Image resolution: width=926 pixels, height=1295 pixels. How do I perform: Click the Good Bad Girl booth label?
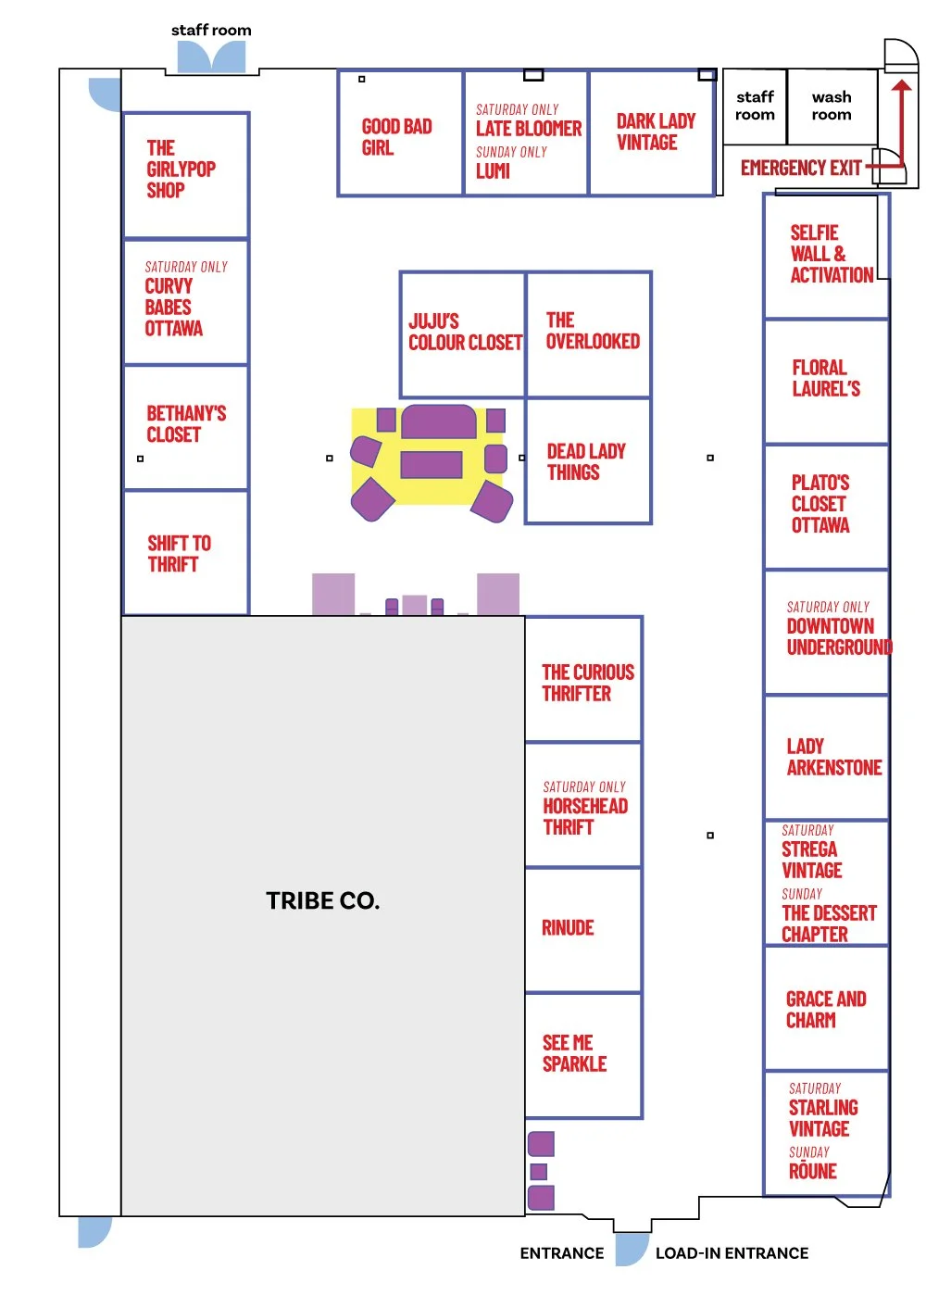[x=396, y=136]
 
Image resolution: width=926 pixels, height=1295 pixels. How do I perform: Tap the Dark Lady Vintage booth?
[x=656, y=132]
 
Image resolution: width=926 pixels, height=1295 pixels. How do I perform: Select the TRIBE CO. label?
[x=322, y=901]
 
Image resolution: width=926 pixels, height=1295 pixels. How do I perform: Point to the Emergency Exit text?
[x=801, y=168]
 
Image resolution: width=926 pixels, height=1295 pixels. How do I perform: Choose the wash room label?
[x=832, y=106]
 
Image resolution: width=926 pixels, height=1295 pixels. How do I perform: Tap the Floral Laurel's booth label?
[x=826, y=378]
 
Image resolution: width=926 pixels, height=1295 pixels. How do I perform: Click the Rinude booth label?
[x=568, y=927]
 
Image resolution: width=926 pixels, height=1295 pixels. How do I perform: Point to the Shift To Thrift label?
[x=179, y=553]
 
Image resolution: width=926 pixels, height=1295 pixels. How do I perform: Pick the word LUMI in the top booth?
[x=493, y=171]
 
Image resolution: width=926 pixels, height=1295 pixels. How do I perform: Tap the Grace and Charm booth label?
[x=826, y=1009]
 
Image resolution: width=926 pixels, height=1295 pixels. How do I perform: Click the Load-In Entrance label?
[x=732, y=1253]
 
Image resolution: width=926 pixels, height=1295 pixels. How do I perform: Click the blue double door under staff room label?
[x=211, y=57]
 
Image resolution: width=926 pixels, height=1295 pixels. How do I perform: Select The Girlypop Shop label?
[x=181, y=169]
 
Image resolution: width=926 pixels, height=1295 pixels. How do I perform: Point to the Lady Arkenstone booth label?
[x=833, y=757]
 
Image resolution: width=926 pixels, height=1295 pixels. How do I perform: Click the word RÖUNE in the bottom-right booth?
[x=812, y=1171]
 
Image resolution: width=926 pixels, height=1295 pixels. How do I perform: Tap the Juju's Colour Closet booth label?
[x=465, y=332]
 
